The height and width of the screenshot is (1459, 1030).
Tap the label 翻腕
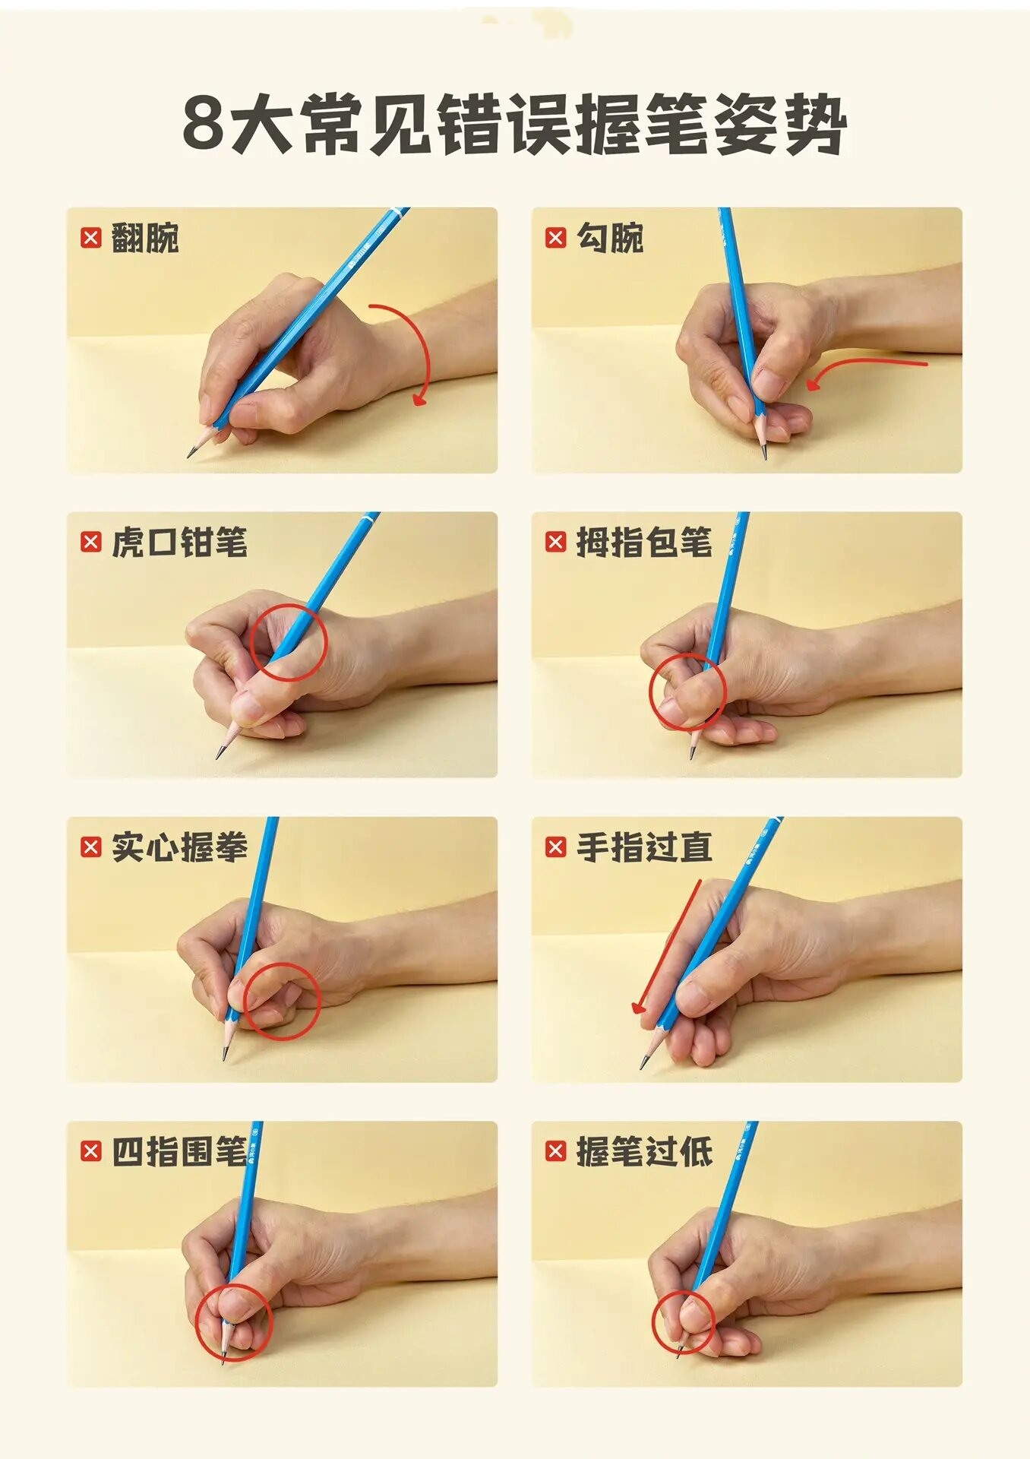click(145, 238)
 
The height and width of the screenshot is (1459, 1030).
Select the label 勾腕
click(610, 238)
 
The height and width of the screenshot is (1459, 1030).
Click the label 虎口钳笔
click(179, 543)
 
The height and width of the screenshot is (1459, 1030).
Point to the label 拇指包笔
click(644, 543)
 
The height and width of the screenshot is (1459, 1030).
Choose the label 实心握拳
click(179, 847)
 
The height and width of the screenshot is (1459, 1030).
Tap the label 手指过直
click(644, 847)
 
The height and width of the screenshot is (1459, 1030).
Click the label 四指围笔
click(179, 1152)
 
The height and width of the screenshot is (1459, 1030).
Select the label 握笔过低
click(644, 1152)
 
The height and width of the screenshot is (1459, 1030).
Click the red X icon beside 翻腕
click(90, 238)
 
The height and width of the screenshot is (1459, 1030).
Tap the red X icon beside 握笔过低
click(555, 1151)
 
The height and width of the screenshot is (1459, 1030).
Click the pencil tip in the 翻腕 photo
click(188, 457)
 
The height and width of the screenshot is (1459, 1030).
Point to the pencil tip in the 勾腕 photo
click(765, 458)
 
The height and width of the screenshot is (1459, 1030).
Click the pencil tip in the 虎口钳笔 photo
click(218, 758)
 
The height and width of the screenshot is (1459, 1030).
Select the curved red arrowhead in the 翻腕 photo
click(419, 399)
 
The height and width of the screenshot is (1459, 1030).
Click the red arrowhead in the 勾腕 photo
click(811, 384)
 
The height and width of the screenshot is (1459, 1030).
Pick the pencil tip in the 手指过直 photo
click(642, 1067)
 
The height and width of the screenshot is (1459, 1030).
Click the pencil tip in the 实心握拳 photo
click(225, 1059)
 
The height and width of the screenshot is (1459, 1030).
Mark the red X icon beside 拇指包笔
click(555, 542)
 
